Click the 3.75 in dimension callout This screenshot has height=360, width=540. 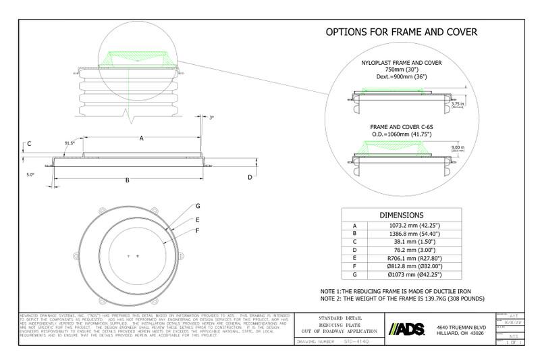[x=458, y=103]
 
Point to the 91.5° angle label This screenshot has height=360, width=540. [x=70, y=143]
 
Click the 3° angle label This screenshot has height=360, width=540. [x=211, y=118]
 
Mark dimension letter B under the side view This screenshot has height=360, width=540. [x=128, y=180]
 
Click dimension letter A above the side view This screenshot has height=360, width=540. [x=142, y=138]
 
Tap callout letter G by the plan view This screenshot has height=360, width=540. [x=198, y=205]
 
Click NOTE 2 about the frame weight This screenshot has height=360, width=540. [x=404, y=298]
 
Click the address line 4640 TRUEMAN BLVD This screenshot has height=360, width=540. [x=462, y=327]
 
